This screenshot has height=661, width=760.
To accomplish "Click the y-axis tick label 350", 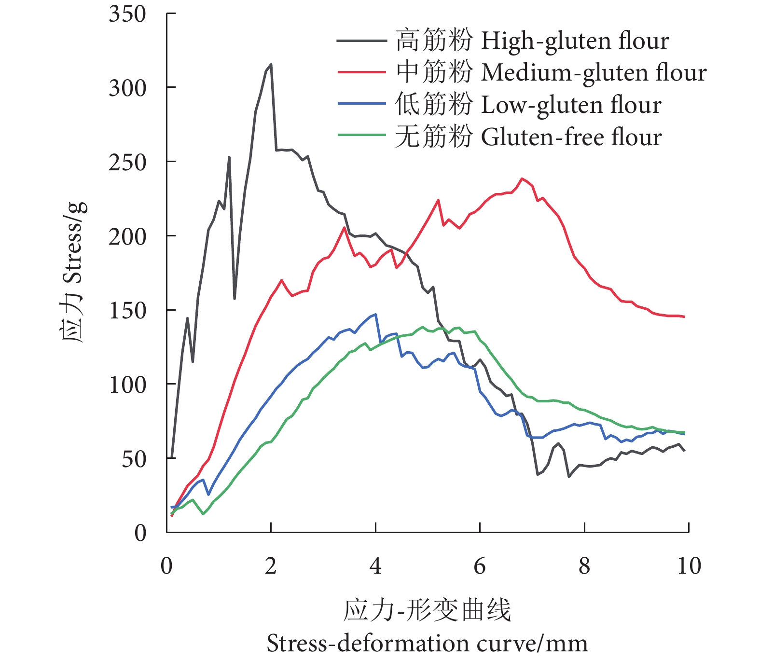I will pyautogui.click(x=127, y=14).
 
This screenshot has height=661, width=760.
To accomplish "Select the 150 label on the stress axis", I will pyautogui.click(x=127, y=311).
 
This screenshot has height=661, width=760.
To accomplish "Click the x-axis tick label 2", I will pyautogui.click(x=271, y=566).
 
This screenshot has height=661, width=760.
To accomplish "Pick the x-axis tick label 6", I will pyautogui.click(x=480, y=566).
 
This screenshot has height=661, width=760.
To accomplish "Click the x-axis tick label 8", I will pyautogui.click(x=584, y=566).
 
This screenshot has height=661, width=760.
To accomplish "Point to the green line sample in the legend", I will pyautogui.click(x=361, y=135).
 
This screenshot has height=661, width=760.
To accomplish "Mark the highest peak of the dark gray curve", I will pyautogui.click(x=271, y=64).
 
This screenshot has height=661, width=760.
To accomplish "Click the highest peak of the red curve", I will pyautogui.click(x=522, y=178).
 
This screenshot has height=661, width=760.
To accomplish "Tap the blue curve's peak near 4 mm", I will pyautogui.click(x=375, y=314).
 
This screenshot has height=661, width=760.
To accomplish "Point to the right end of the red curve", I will pyautogui.click(x=684, y=317).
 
